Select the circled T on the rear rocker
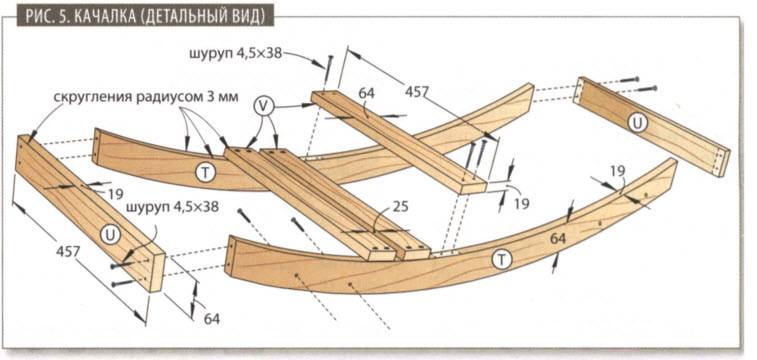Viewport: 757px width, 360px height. click(x=204, y=172)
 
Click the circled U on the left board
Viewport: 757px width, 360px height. click(x=109, y=233)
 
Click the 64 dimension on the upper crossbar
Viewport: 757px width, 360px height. click(x=367, y=93)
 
